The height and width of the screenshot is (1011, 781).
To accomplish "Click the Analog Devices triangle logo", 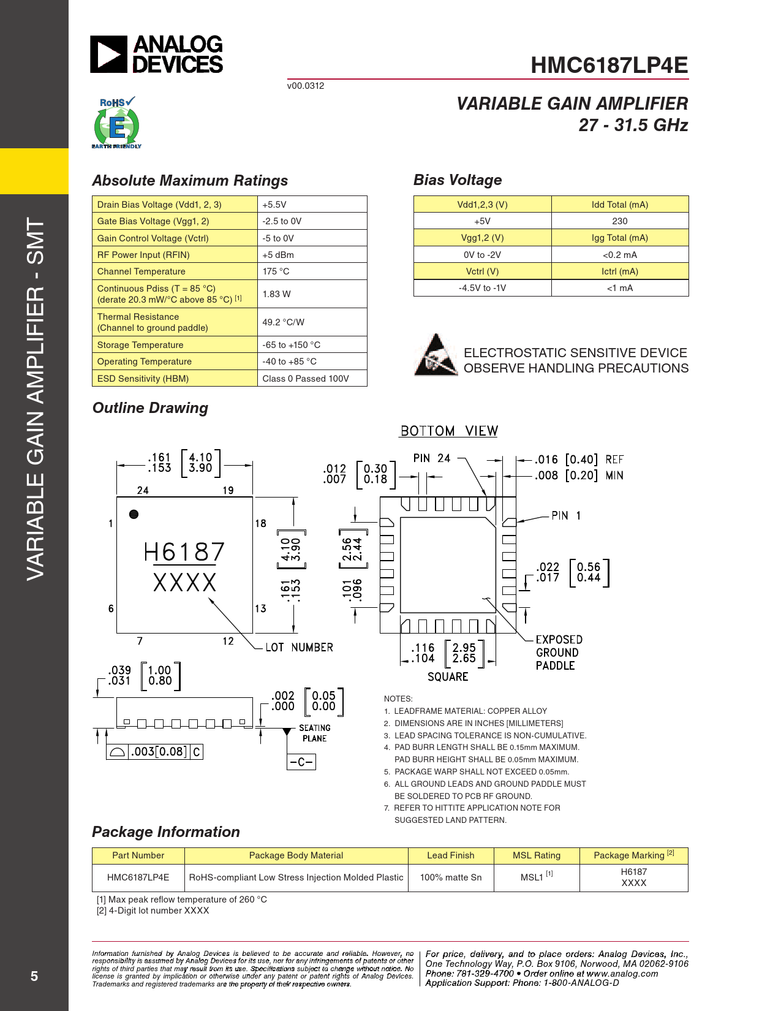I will [x=109, y=54].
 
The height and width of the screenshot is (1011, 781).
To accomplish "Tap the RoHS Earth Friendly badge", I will [x=116, y=123].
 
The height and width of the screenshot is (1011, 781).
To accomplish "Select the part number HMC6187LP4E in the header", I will [x=609, y=66].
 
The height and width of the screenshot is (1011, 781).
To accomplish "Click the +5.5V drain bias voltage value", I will [x=274, y=205].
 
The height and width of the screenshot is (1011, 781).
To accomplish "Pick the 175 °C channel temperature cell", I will [x=276, y=271].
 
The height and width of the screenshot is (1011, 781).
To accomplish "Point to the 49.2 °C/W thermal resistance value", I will [x=283, y=322].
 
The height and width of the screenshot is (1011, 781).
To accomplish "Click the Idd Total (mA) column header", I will [x=619, y=205].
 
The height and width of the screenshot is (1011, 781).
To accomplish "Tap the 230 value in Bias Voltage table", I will [x=619, y=221].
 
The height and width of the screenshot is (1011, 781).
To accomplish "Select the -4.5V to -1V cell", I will [x=482, y=288].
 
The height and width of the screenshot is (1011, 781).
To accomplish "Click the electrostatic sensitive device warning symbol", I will [x=436, y=355].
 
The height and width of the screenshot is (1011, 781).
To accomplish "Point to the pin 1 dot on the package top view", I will [x=134, y=514].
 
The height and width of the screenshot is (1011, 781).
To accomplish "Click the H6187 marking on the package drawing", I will [x=184, y=552].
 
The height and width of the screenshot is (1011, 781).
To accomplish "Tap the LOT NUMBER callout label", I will [x=299, y=648].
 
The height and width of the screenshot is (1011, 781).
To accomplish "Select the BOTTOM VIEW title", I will [x=449, y=431].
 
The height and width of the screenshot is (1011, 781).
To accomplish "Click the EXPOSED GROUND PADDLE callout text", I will [x=558, y=653].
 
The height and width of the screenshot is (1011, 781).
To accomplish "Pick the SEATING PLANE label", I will [x=314, y=733].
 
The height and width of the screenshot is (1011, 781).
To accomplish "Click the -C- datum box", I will [x=301, y=762].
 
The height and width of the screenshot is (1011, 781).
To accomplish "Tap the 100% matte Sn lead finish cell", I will [x=450, y=877].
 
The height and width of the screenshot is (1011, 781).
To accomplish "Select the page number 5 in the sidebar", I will [x=34, y=976].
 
